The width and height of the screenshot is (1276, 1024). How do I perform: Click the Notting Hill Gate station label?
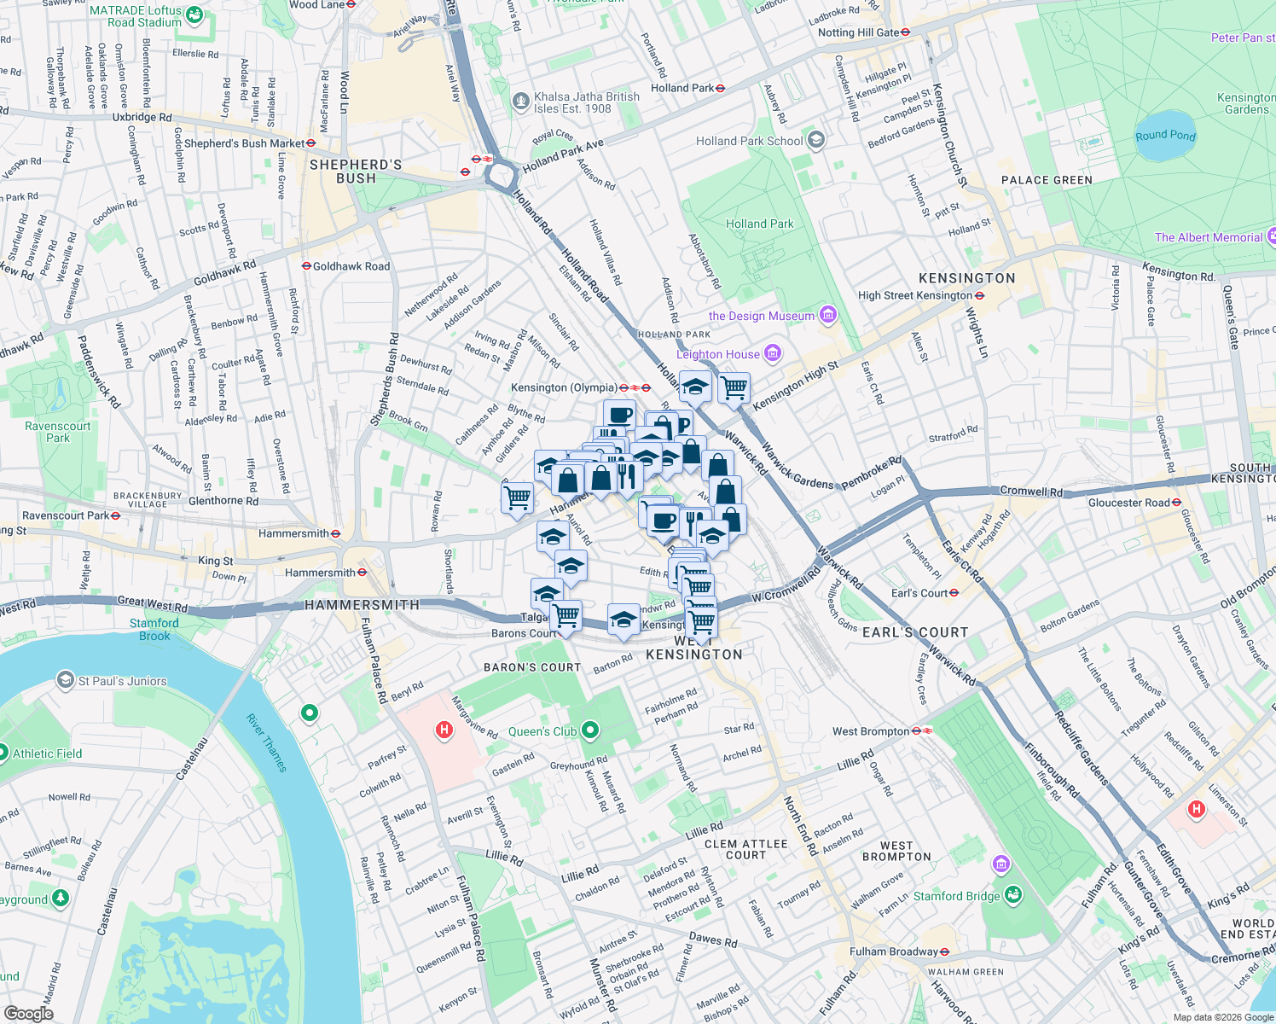coord(863,32)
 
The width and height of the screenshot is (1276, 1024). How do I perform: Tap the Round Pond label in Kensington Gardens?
coord(1165,136)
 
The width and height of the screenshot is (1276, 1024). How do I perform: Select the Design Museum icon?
coord(827,316)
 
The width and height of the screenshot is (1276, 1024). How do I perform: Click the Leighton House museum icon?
coord(773,352)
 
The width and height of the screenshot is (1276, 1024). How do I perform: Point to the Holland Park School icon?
coord(816,140)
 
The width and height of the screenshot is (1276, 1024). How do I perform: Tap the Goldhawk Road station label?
coord(351,266)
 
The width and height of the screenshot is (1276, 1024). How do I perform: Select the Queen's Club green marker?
coord(589,730)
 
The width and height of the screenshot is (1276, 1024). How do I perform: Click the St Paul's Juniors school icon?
coord(65,680)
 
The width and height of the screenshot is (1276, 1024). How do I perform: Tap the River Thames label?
coord(267,742)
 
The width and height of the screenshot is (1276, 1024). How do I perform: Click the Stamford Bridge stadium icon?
coord(1012,895)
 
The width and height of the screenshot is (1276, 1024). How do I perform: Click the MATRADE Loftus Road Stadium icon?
coord(194,15)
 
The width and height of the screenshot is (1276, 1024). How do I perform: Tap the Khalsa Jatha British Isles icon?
coord(521,102)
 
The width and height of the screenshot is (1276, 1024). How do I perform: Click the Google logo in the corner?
coord(28,1013)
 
